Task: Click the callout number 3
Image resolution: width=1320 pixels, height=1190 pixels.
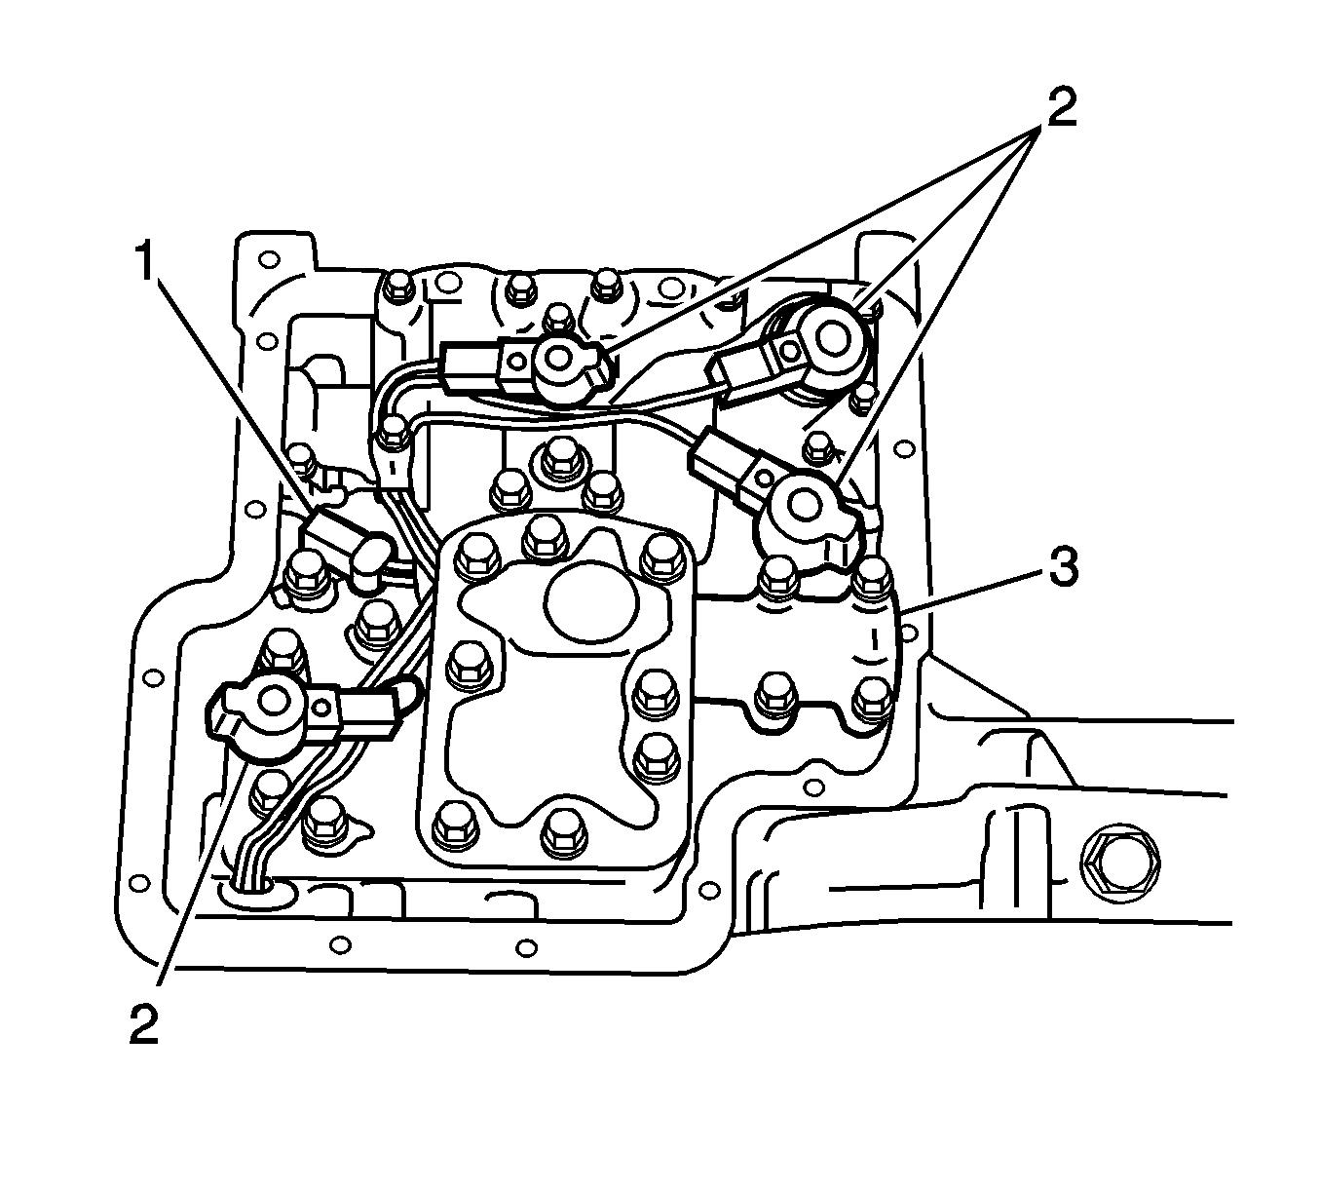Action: pos(1062,567)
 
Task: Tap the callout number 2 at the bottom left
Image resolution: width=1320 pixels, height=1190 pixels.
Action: pos(143,1024)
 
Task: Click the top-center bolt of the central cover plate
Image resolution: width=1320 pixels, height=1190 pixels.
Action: pos(543,540)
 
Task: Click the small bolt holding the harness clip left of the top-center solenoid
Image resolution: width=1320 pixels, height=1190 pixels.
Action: pos(393,433)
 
